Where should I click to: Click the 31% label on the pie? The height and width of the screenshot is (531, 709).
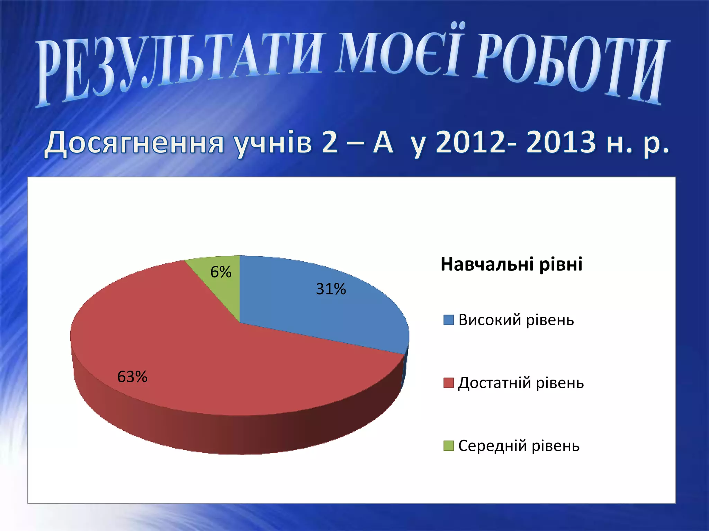point(331,289)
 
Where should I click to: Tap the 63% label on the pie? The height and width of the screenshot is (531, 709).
point(132,376)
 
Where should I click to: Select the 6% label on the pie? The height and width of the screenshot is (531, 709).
point(221,272)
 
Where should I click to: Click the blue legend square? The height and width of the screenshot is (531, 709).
point(448,320)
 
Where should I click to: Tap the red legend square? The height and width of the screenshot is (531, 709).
point(448,383)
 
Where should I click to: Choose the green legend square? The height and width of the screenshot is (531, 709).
point(448,446)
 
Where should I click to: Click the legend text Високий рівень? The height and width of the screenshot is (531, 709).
point(516,320)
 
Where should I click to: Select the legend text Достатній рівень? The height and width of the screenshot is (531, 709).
point(521,383)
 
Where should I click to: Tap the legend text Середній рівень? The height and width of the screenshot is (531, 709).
point(519,446)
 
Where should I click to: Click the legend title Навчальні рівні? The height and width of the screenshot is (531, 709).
point(511,264)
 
